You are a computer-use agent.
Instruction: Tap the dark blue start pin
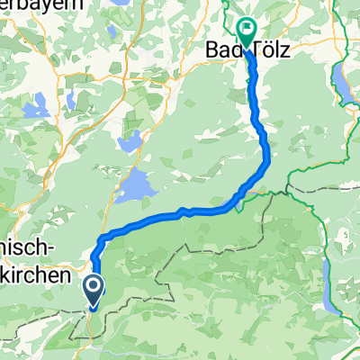tap(93, 288)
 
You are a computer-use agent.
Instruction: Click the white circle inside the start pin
tap(93, 285)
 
